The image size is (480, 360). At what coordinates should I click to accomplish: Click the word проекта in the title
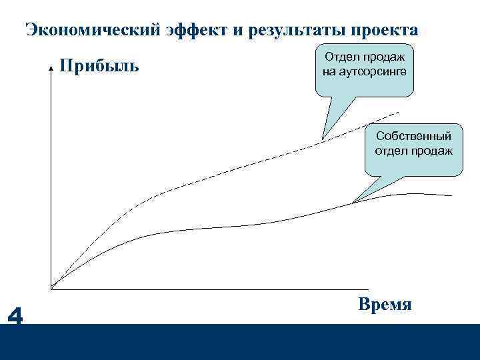click(x=385, y=31)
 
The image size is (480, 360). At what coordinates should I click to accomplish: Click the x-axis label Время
click(x=385, y=304)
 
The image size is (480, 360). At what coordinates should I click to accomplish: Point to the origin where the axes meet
click(x=51, y=289)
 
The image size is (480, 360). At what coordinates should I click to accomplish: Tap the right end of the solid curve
click(x=452, y=196)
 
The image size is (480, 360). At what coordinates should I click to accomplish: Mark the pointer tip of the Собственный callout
click(x=353, y=202)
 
